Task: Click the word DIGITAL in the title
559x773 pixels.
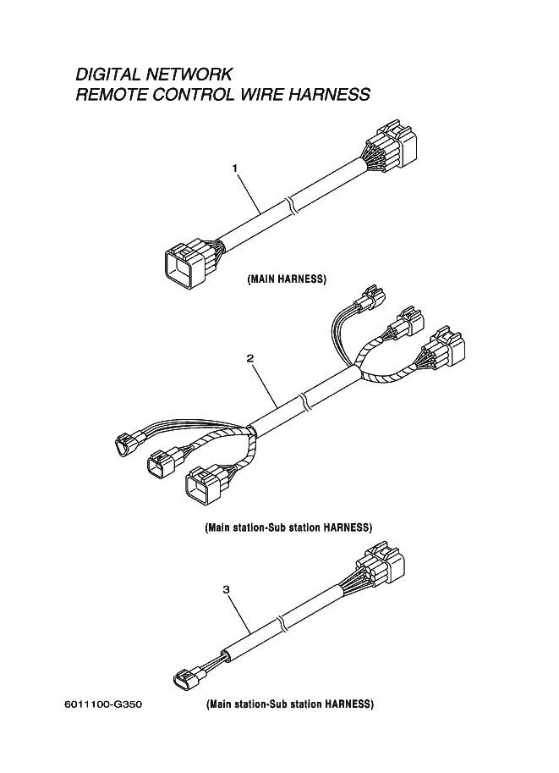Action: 108,74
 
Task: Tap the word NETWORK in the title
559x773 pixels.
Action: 189,74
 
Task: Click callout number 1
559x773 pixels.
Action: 235,168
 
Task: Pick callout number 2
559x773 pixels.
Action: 250,358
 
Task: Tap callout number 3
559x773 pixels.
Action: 226,589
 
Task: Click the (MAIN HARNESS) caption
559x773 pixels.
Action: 287,279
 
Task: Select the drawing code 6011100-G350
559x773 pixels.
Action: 103,704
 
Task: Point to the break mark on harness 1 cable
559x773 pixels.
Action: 289,206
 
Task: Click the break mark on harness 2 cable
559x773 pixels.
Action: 304,401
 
